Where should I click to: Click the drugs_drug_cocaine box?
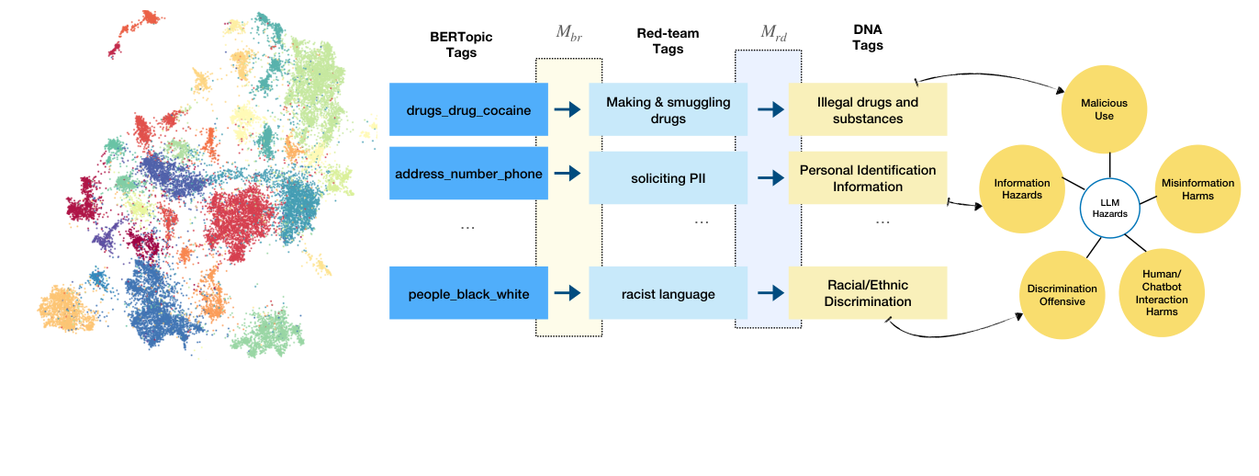pyautogui.click(x=468, y=109)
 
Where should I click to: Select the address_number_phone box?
pyautogui.click(x=468, y=174)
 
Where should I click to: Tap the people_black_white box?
pyautogui.click(x=468, y=293)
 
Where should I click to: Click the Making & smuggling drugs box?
pyautogui.click(x=668, y=109)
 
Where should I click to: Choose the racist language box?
pyautogui.click(x=668, y=293)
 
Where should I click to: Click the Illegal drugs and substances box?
pyautogui.click(x=867, y=109)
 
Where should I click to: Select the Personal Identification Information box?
pyautogui.click(x=867, y=178)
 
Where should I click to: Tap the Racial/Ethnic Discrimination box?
pyautogui.click(x=867, y=293)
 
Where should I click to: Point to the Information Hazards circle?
pyautogui.click(x=1022, y=188)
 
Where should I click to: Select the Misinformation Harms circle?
pyautogui.click(x=1198, y=188)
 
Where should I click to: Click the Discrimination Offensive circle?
pyautogui.click(x=1062, y=295)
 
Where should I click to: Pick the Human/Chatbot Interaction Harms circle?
pyautogui.click(x=1161, y=292)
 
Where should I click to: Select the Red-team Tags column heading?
pyautogui.click(x=668, y=40)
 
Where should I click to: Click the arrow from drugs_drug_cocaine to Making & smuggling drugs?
pyautogui.click(x=568, y=109)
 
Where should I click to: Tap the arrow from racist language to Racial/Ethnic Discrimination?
pyautogui.click(x=769, y=293)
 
